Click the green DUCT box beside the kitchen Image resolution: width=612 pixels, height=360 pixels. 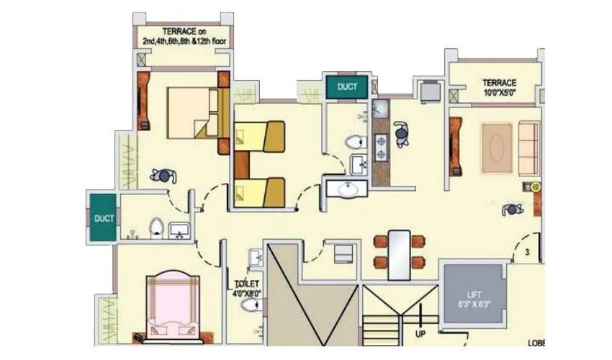click(347, 87)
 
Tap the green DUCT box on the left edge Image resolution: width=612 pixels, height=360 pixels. click(104, 218)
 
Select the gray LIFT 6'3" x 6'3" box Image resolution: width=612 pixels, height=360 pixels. click(474, 298)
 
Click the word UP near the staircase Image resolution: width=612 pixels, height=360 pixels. click(421, 333)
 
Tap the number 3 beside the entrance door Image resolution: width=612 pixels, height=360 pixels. click(527, 252)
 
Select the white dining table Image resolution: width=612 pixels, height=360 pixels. click(399, 253)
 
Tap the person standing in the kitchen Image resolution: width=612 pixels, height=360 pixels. click(402, 134)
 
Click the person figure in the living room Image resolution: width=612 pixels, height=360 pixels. click(512, 210)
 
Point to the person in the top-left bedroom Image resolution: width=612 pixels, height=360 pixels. click(162, 176)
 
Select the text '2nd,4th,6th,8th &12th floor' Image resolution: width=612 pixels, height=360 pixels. click(184, 42)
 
